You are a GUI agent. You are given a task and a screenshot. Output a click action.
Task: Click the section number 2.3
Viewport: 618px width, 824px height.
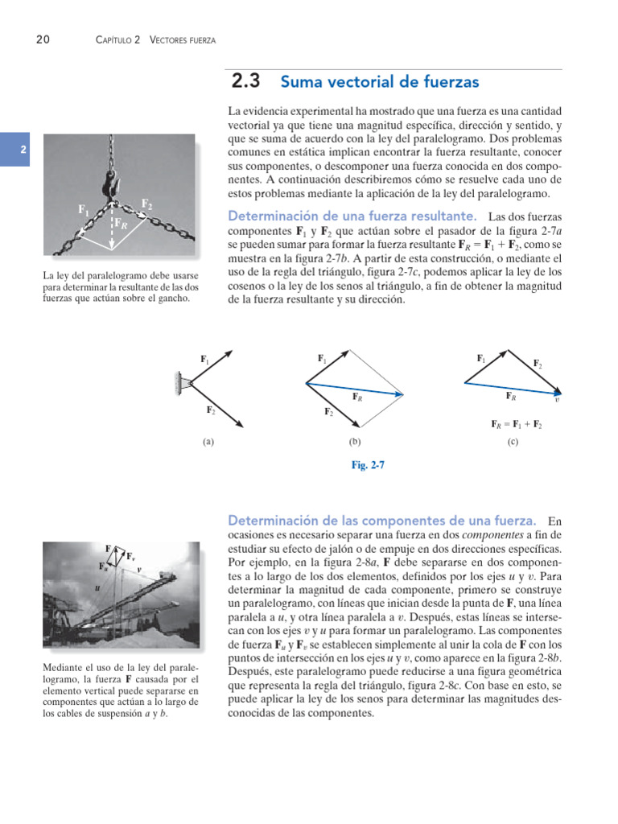(x=246, y=81)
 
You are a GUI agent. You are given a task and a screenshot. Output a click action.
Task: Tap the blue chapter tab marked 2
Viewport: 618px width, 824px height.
(x=23, y=150)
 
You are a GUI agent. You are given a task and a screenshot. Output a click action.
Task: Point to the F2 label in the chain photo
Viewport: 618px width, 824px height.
(x=147, y=204)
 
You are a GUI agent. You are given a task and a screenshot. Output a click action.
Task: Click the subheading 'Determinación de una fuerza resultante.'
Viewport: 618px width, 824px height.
(x=352, y=216)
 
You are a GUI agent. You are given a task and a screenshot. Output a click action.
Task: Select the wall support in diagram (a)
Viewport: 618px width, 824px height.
(x=177, y=383)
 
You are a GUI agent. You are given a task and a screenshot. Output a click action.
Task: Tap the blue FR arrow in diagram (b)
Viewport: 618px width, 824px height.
(x=354, y=389)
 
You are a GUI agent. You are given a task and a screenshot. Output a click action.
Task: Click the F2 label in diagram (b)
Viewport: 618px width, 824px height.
(x=329, y=412)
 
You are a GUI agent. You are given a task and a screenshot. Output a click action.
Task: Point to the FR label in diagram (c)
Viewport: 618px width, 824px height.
(x=511, y=395)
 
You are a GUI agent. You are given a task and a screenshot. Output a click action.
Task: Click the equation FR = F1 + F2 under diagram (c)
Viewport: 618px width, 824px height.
(x=517, y=423)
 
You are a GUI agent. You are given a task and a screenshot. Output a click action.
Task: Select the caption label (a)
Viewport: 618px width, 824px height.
(x=208, y=442)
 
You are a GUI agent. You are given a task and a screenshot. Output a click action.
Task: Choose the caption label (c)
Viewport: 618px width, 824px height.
(x=513, y=442)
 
